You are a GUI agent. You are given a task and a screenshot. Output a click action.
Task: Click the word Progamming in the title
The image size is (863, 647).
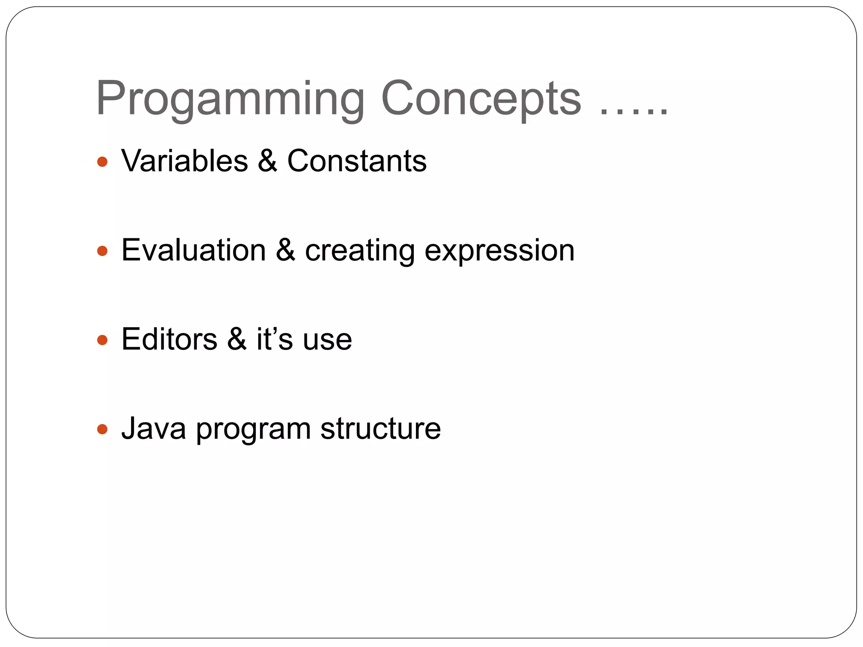pyautogui.click(x=230, y=99)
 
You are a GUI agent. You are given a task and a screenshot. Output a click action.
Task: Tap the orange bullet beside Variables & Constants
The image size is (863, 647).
pyautogui.click(x=102, y=162)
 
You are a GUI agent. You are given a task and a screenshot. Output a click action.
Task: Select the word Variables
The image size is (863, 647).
pyautogui.click(x=185, y=161)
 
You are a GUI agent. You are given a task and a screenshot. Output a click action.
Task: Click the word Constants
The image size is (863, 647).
pyautogui.click(x=356, y=161)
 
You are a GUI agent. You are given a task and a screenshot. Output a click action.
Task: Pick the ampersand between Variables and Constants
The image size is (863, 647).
pyautogui.click(x=268, y=161)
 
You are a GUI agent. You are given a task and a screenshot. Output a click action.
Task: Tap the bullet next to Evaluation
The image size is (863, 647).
pyautogui.click(x=102, y=251)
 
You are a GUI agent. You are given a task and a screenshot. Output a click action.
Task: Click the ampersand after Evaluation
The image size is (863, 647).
pyautogui.click(x=286, y=251)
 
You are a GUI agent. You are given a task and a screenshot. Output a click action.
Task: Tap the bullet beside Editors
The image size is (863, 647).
pyautogui.click(x=102, y=340)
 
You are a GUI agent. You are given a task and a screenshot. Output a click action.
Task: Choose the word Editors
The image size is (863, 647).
pyautogui.click(x=169, y=340)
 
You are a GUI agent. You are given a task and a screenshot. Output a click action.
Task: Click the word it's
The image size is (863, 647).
pyautogui.click(x=274, y=340)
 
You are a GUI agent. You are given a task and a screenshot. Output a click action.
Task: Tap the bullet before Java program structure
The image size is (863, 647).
pyautogui.click(x=102, y=429)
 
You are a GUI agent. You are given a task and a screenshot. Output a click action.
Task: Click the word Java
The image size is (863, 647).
pyautogui.click(x=154, y=429)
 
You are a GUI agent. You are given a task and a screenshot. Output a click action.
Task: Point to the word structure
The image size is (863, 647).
pyautogui.click(x=381, y=429)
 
